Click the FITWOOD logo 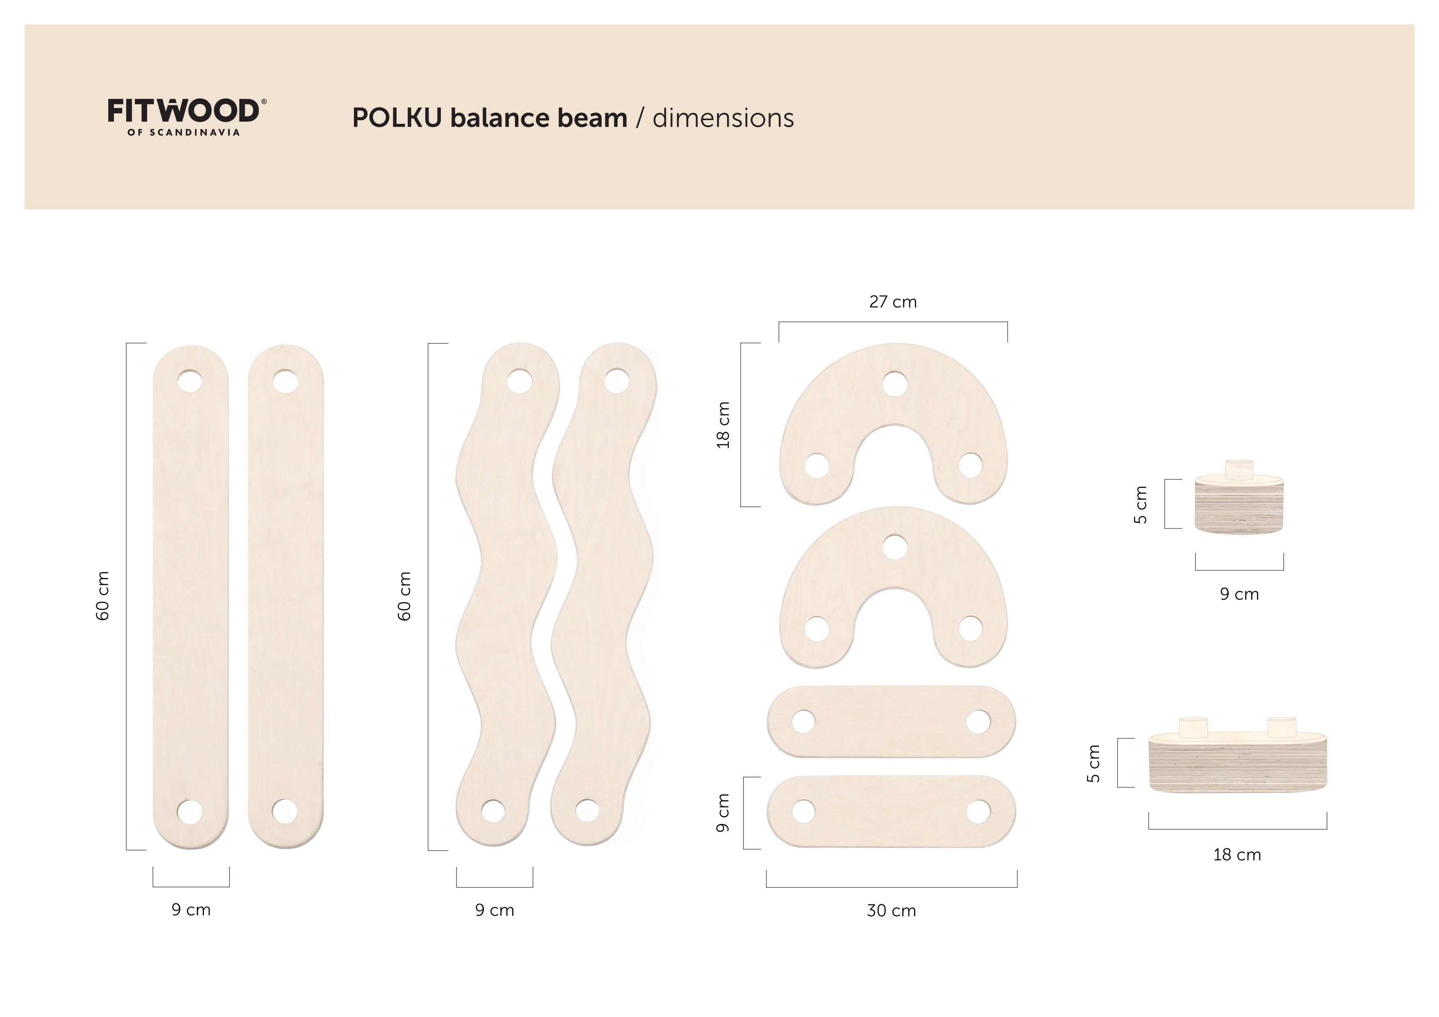pyautogui.click(x=187, y=116)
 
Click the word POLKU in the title pyautogui.click(x=397, y=118)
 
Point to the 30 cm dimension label pyautogui.click(x=891, y=910)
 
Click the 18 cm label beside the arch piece pyautogui.click(x=723, y=425)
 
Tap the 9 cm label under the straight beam pyautogui.click(x=191, y=910)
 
